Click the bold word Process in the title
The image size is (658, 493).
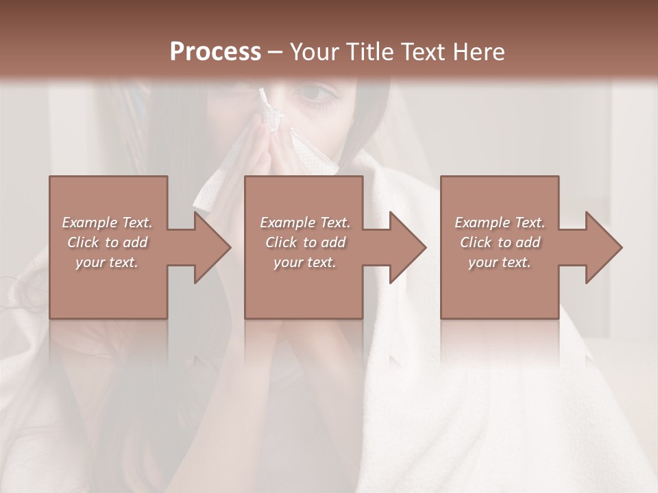[x=215, y=52]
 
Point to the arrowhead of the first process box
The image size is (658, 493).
[x=213, y=247]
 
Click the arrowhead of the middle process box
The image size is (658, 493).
[x=409, y=247]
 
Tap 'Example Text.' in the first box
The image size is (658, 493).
[x=107, y=223]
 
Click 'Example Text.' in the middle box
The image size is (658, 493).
[x=305, y=223]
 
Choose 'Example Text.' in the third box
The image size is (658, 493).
[x=500, y=223]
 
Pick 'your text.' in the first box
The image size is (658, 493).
[x=107, y=262]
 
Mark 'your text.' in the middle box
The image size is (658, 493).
[x=305, y=262]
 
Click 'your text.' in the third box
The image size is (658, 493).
[x=500, y=262]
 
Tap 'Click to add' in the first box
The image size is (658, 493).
[x=107, y=242]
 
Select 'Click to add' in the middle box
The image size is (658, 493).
[x=305, y=242]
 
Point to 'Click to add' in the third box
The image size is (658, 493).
[x=500, y=242]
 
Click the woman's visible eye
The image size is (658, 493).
[x=317, y=93]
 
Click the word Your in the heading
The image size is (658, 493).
[x=311, y=52]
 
